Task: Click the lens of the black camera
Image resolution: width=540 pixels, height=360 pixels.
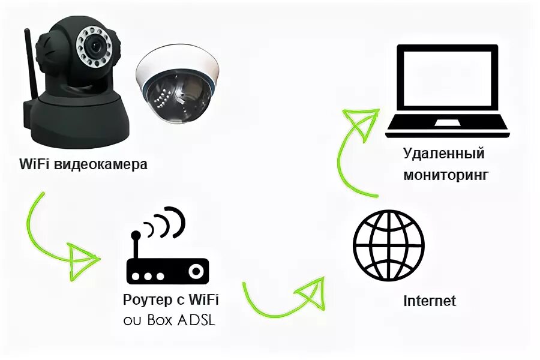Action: click(x=95, y=45)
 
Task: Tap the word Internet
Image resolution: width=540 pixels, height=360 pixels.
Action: click(x=430, y=300)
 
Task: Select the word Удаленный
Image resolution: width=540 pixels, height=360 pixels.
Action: click(x=443, y=154)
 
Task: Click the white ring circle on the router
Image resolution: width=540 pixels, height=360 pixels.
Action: click(x=196, y=271)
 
